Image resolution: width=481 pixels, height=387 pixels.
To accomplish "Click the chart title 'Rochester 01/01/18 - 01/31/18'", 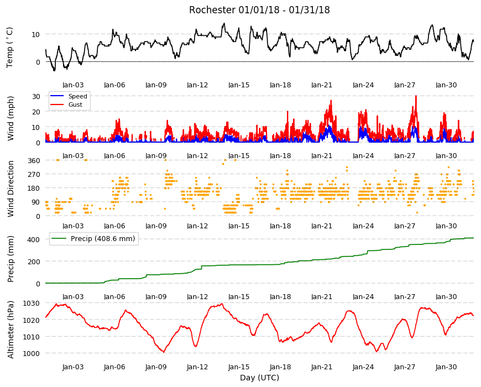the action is pos(259,10).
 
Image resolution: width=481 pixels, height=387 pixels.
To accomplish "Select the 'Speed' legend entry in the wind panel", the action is pos(77,96).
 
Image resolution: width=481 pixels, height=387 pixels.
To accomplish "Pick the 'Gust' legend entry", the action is pos(75,104).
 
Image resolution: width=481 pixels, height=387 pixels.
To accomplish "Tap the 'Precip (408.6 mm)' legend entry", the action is pos(103,239).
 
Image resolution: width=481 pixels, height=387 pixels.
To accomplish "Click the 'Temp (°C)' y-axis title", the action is pos(10,48).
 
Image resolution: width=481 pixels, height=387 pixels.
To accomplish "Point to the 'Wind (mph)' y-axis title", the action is pos(11,118).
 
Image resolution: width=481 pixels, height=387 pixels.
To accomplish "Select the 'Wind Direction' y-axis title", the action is pos(11,189).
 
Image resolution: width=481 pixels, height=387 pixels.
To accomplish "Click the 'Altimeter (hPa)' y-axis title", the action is pos(11,330).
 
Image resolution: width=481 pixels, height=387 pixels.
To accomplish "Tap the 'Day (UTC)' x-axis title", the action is pos(259,378).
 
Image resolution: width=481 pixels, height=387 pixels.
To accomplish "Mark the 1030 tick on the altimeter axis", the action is pos(32,304).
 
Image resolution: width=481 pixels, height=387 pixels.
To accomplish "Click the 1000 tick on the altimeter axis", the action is pos(32,353).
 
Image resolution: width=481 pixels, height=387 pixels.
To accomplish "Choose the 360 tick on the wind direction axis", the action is pos(34,160).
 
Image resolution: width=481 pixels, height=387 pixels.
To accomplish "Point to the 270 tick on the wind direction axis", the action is pos(34,175).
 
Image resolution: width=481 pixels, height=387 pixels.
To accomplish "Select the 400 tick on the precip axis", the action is pos(34,239).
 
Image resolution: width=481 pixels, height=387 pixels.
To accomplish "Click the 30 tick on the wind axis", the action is pos(36,96).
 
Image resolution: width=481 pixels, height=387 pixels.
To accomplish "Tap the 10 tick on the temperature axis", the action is pos(36,34).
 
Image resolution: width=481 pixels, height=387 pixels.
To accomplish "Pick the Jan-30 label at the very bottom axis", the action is pos(446,367).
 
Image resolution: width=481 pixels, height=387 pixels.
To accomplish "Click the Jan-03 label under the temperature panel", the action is pos(73,85).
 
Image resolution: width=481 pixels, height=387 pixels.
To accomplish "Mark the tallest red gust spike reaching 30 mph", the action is pos(416,96).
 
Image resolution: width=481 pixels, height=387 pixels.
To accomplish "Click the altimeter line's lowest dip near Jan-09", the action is pos(164,352).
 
